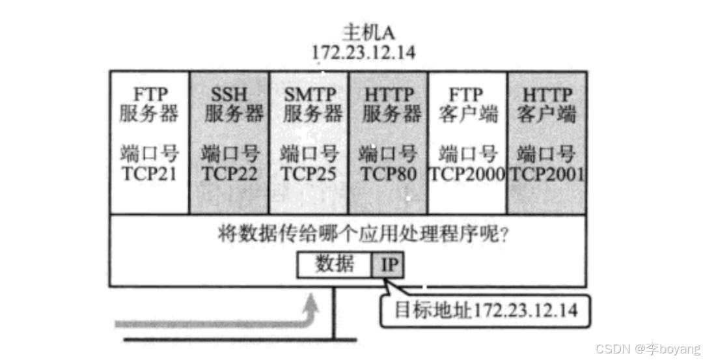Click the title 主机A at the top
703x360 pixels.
click(x=361, y=31)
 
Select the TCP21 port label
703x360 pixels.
click(x=148, y=174)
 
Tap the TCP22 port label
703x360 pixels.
click(x=229, y=174)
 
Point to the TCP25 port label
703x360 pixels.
click(x=309, y=174)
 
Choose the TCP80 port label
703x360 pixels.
click(x=389, y=174)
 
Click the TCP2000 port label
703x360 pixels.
click(x=467, y=174)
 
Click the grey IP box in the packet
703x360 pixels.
click(x=391, y=265)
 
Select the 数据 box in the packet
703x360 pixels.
click(x=335, y=265)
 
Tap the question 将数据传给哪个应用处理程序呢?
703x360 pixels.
click(x=363, y=234)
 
